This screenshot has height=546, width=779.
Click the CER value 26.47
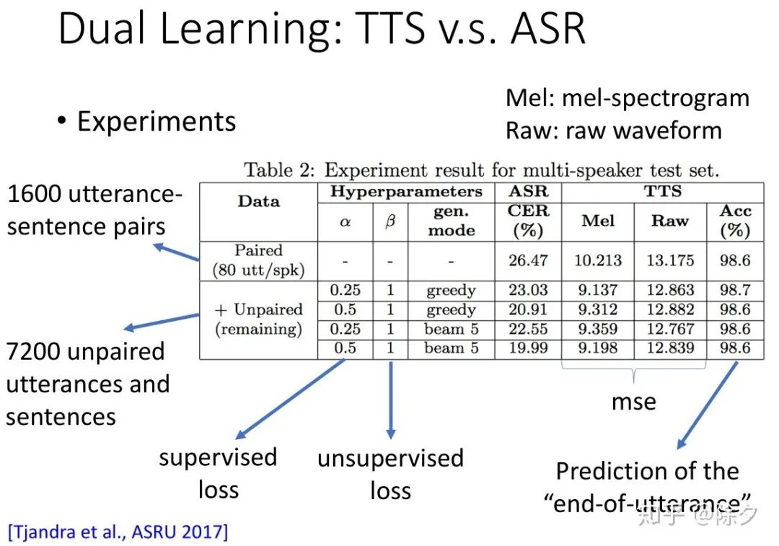tap(527, 260)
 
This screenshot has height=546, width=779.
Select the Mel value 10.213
tap(598, 260)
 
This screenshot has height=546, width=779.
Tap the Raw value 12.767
tap(670, 329)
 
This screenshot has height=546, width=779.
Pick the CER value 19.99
tap(527, 348)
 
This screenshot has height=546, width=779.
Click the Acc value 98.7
tap(735, 290)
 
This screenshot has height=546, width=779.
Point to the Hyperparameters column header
tap(406, 192)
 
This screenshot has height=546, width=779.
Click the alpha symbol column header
tap(346, 221)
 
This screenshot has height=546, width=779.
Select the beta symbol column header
tap(390, 221)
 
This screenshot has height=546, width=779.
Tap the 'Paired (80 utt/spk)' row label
tap(258, 260)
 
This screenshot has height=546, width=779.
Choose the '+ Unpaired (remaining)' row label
tap(258, 319)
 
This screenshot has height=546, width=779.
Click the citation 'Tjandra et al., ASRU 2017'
tap(118, 532)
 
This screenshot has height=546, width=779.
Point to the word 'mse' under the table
tap(633, 402)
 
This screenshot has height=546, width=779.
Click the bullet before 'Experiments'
tap(61, 120)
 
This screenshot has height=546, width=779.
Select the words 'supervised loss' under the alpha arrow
tap(218, 473)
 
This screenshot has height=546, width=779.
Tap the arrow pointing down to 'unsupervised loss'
tap(391, 400)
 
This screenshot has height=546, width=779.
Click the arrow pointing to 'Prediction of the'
tap(708, 405)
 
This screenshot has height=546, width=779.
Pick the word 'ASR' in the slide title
tap(548, 28)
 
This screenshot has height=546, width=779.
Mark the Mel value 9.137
tap(598, 290)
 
